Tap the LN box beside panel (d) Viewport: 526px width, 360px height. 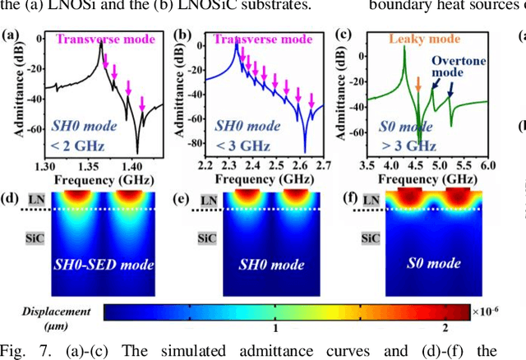[x=28, y=200]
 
